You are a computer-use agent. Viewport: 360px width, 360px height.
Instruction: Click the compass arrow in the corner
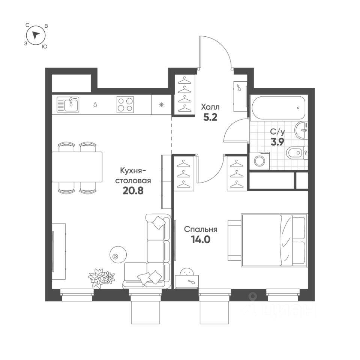pos(36,36)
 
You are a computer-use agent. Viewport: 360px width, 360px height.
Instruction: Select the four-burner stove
pos(125,105)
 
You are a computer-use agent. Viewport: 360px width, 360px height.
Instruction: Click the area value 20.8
pos(133,191)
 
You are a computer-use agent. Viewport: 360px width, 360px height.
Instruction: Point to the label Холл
pos(210,106)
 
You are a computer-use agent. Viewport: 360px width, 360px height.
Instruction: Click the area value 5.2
pos(210,118)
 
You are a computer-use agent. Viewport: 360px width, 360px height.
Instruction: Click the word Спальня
pos(201,229)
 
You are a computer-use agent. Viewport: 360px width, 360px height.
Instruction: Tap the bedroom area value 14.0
pos(201,240)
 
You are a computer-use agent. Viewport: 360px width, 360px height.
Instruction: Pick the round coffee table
pos(115,256)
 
